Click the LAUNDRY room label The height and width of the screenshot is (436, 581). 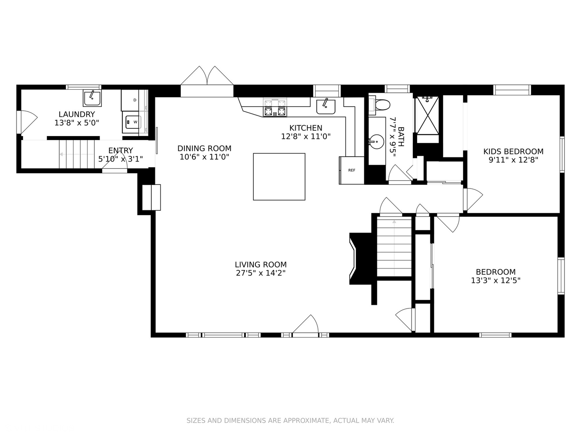(x=77, y=114)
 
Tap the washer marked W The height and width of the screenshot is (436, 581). (x=132, y=122)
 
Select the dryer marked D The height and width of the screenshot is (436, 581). (x=130, y=100)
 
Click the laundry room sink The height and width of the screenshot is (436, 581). (x=92, y=98)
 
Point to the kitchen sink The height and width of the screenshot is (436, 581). (x=326, y=107)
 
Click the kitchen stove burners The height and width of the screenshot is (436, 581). (x=275, y=108)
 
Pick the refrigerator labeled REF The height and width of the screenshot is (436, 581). (x=351, y=170)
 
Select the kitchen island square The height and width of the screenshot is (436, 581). (x=279, y=176)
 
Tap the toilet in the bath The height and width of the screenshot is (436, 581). (x=380, y=105)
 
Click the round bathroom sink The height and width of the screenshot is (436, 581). (x=377, y=142)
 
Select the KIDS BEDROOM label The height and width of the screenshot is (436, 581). (x=513, y=151)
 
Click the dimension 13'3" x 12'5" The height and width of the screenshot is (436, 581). (x=495, y=280)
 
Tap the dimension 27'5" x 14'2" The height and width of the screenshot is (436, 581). (x=261, y=273)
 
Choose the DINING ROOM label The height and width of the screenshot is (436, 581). (x=204, y=148)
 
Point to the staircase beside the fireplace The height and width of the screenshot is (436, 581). (x=394, y=246)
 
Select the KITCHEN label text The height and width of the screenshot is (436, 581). (x=306, y=128)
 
